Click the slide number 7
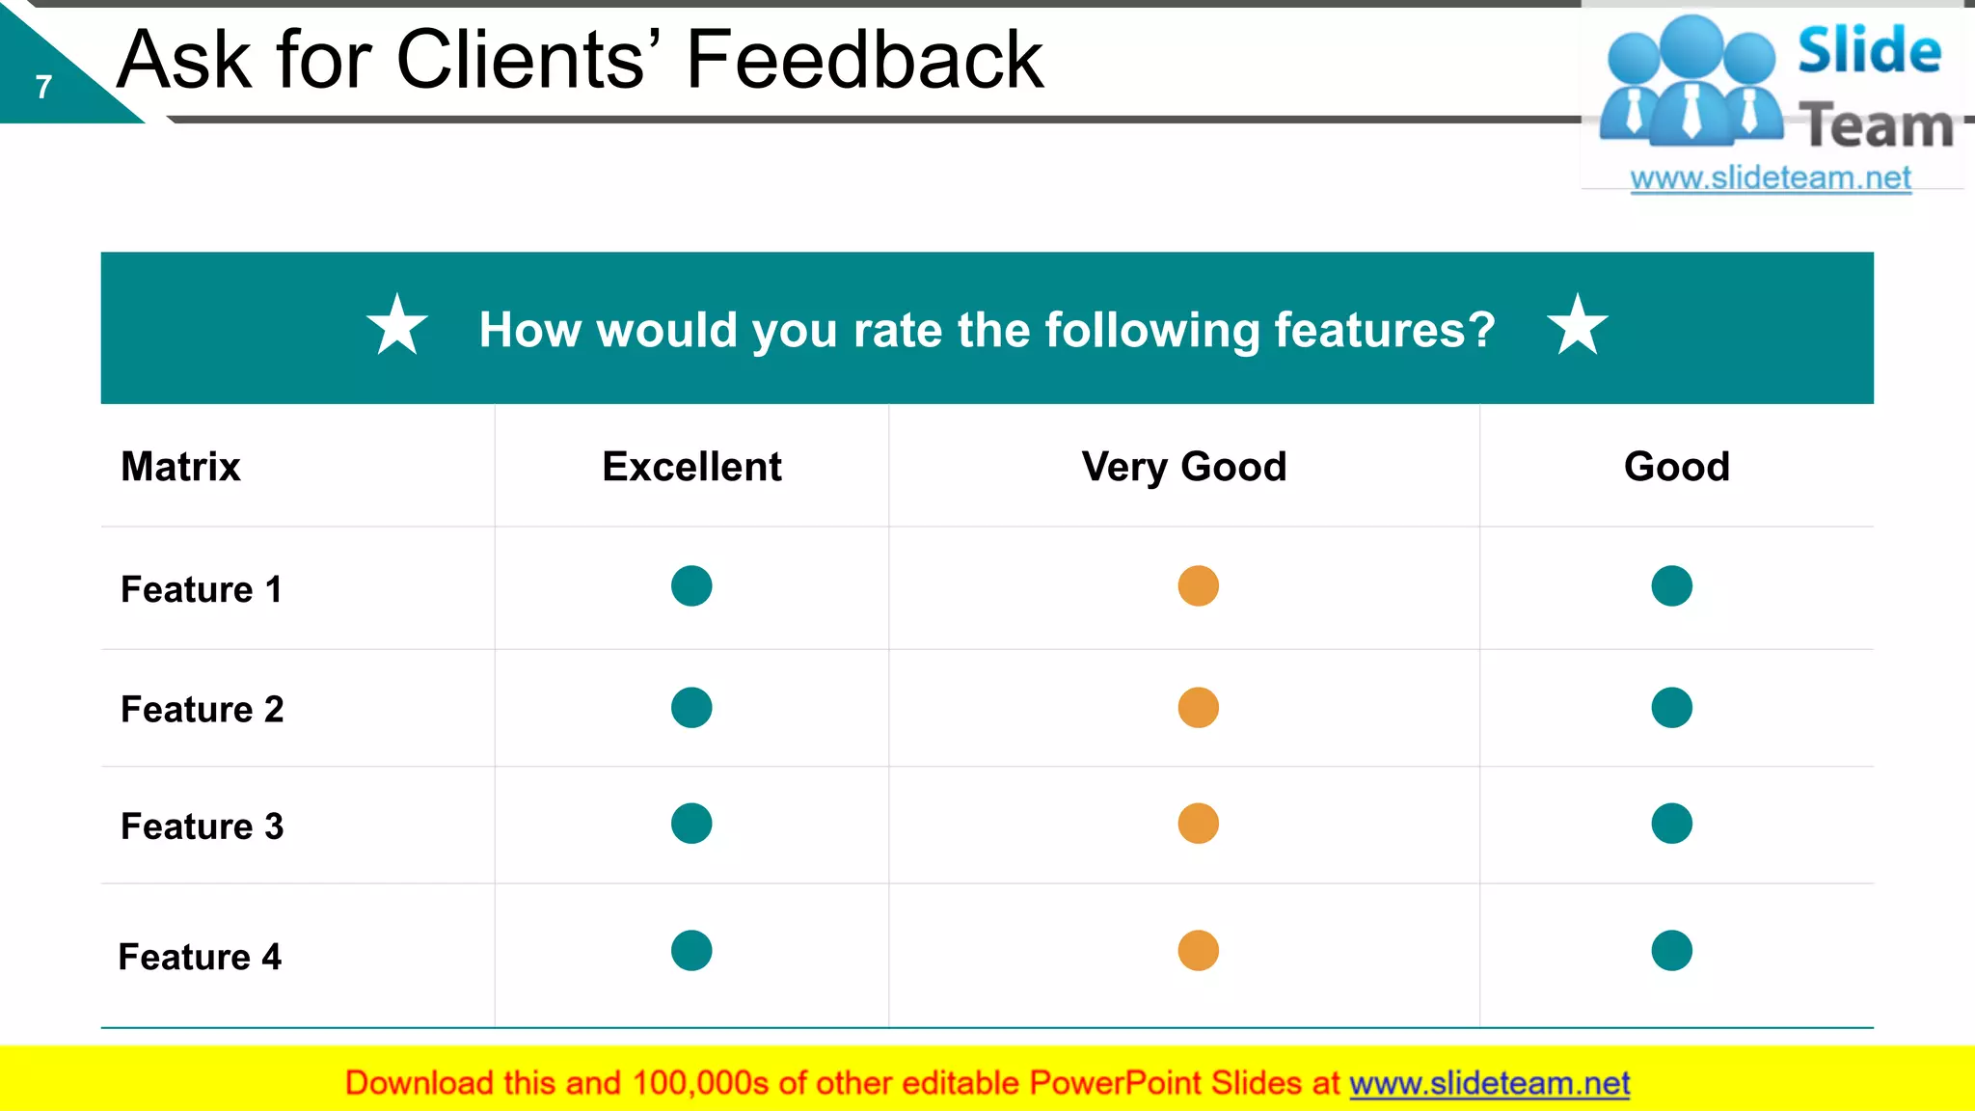coord(43,88)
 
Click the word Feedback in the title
coord(864,61)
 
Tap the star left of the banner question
coord(397,325)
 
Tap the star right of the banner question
coord(1578,325)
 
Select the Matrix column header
coord(180,467)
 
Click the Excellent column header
coord(691,467)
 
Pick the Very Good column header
coord(1184,467)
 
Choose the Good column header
coord(1677,467)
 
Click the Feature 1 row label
coord(202,589)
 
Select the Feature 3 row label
coord(203,826)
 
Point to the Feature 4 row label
coord(200,957)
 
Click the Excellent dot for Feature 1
coord(691,585)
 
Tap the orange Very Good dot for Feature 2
coord(1199,708)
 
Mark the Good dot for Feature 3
coord(1672,824)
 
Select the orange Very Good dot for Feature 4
coord(1199,951)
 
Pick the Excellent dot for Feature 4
coord(691,951)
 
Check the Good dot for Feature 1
coord(1672,585)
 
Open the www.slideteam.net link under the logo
coord(1771,178)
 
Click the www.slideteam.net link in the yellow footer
coord(1489,1083)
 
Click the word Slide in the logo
coord(1869,50)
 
